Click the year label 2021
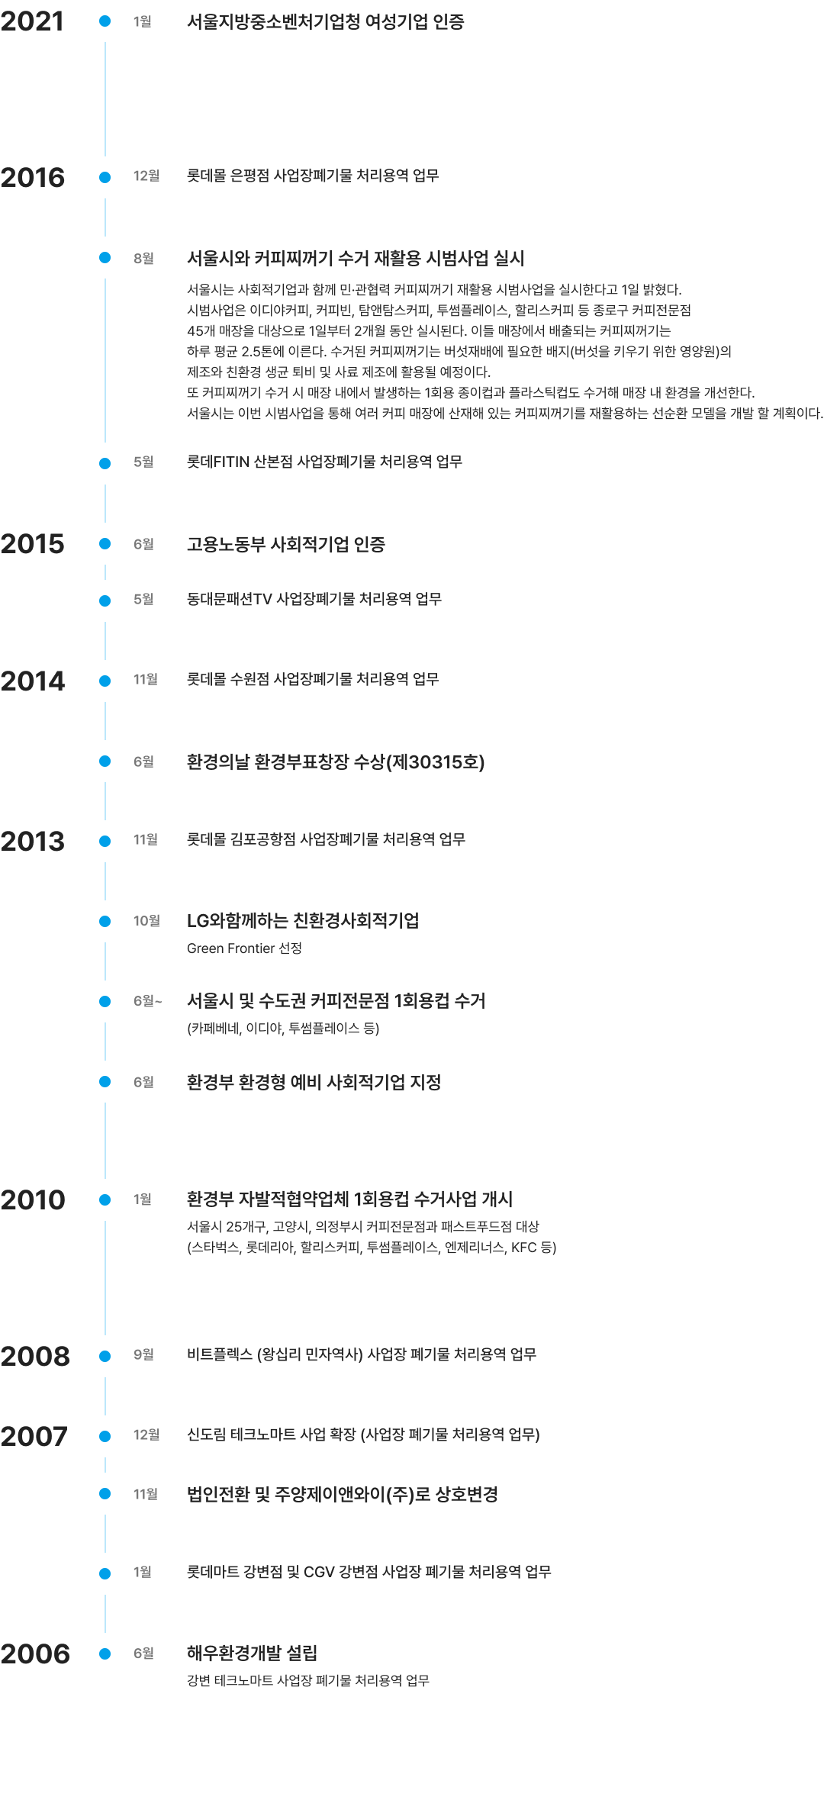pos(32,21)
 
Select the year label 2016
pos(33,178)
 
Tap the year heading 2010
pos(33,1200)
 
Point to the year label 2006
pos(35,1654)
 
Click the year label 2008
pos(35,1357)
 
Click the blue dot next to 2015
pos(105,544)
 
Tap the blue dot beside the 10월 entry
pos(105,922)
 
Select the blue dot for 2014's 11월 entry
pos(105,681)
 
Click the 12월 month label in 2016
pos(146,176)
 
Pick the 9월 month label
pos(143,1354)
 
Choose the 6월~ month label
pos(148,1000)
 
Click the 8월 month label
pos(143,259)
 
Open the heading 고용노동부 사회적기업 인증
pos(286,544)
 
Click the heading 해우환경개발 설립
pos(253,1653)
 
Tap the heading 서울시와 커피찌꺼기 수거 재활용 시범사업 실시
pos(356,258)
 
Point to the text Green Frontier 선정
pos(244,948)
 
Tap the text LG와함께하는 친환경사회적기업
pos(303,921)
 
